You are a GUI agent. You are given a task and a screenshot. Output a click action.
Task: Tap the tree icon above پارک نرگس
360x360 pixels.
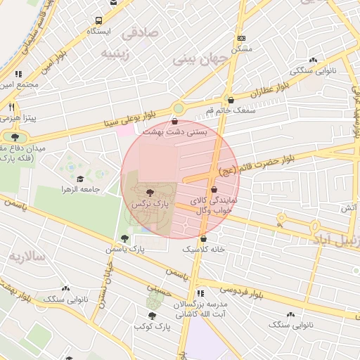(x=149, y=192)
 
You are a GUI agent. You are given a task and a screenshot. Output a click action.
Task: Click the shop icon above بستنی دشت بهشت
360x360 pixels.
(x=174, y=121)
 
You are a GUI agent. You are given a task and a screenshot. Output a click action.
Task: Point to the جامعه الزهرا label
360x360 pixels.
(x=81, y=190)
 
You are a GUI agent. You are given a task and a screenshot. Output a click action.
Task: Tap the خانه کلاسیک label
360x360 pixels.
(x=203, y=249)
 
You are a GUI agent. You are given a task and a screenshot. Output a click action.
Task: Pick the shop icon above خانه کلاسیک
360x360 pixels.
(x=203, y=238)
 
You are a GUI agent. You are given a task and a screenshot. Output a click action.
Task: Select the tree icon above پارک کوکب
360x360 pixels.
(x=151, y=316)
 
